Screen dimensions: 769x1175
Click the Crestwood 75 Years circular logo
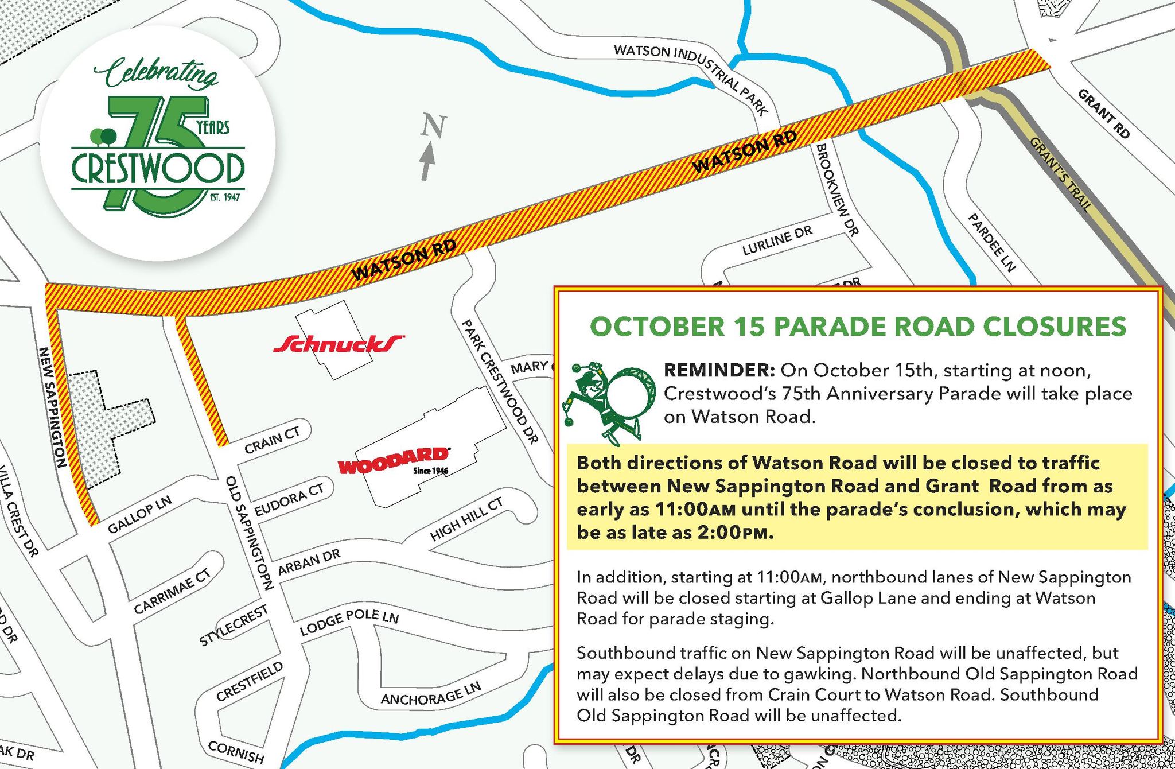tap(157, 142)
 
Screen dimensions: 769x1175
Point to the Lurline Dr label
tap(777, 241)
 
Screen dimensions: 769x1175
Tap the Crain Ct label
tap(272, 441)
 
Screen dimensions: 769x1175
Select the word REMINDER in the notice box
tap(717, 371)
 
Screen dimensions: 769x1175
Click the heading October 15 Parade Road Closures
tap(857, 327)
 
